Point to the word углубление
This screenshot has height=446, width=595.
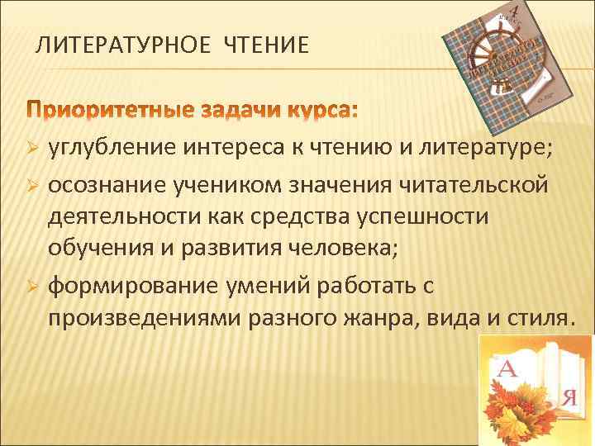click(110, 148)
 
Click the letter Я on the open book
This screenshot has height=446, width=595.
click(567, 397)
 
